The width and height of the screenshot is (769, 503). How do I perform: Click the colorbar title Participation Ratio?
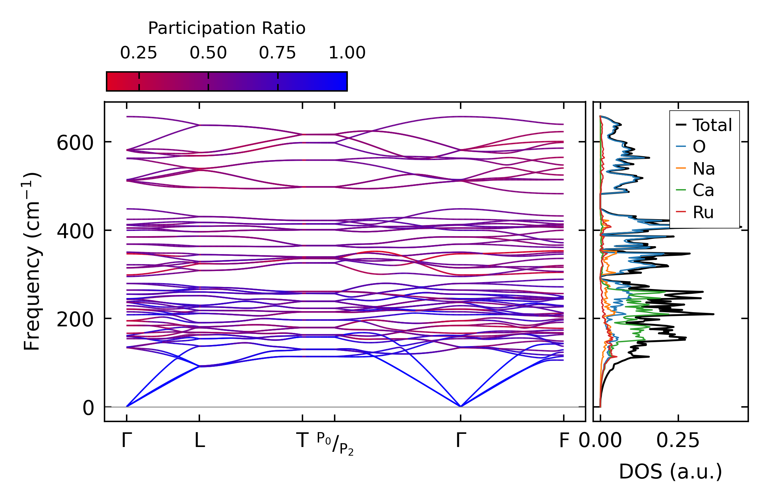click(227, 28)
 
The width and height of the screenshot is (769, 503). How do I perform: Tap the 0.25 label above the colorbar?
click(138, 53)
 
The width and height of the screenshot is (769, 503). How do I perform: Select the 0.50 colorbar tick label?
click(208, 53)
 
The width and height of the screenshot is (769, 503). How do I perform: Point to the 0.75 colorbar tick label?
click(277, 53)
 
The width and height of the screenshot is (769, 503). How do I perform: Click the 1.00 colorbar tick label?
click(347, 53)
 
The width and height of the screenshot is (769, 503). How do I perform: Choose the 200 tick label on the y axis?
click(75, 319)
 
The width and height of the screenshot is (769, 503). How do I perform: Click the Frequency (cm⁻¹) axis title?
click(32, 261)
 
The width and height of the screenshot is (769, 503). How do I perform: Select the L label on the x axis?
click(199, 440)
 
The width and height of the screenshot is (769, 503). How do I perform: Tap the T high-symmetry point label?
click(302, 440)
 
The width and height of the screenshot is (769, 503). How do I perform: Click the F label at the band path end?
click(564, 440)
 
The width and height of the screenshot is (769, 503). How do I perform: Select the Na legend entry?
click(703, 169)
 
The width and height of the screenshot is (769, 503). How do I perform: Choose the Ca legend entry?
click(703, 190)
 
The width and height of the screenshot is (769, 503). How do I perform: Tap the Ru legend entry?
click(703, 212)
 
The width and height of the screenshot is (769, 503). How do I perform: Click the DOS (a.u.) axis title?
click(670, 472)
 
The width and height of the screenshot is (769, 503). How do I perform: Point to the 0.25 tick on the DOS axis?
click(678, 440)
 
